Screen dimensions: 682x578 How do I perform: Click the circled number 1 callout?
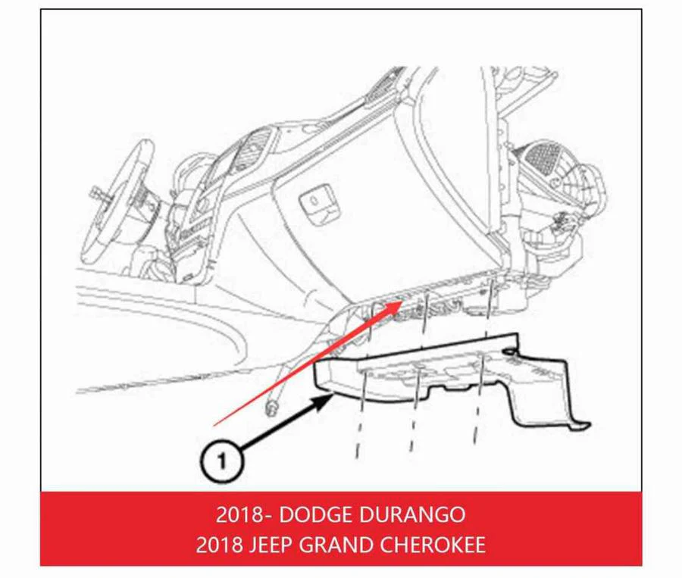(x=222, y=461)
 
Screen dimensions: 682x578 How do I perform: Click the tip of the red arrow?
(x=402, y=301)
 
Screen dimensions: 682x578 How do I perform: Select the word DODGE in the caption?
(x=315, y=515)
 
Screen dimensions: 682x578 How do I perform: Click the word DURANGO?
(x=412, y=515)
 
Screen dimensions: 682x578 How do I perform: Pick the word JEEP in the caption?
(x=269, y=545)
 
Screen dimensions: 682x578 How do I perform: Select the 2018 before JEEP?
(x=219, y=545)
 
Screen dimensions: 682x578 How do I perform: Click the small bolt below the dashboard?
(x=271, y=408)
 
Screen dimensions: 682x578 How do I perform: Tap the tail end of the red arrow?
(x=214, y=425)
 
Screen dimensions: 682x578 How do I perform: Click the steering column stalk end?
(x=95, y=192)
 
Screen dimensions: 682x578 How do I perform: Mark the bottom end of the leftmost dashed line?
(x=357, y=457)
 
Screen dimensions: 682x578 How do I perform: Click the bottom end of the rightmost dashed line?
(x=475, y=444)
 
